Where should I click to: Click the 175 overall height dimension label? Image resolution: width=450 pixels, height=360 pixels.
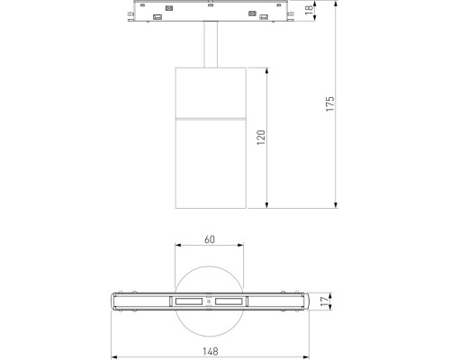(331, 103)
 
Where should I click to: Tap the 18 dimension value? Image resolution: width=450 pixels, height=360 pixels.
(307, 12)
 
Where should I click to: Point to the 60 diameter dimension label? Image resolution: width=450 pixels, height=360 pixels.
(209, 240)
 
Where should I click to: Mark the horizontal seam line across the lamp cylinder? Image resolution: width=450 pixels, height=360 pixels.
(209, 119)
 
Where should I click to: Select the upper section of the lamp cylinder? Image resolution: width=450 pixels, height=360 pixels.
(209, 92)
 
